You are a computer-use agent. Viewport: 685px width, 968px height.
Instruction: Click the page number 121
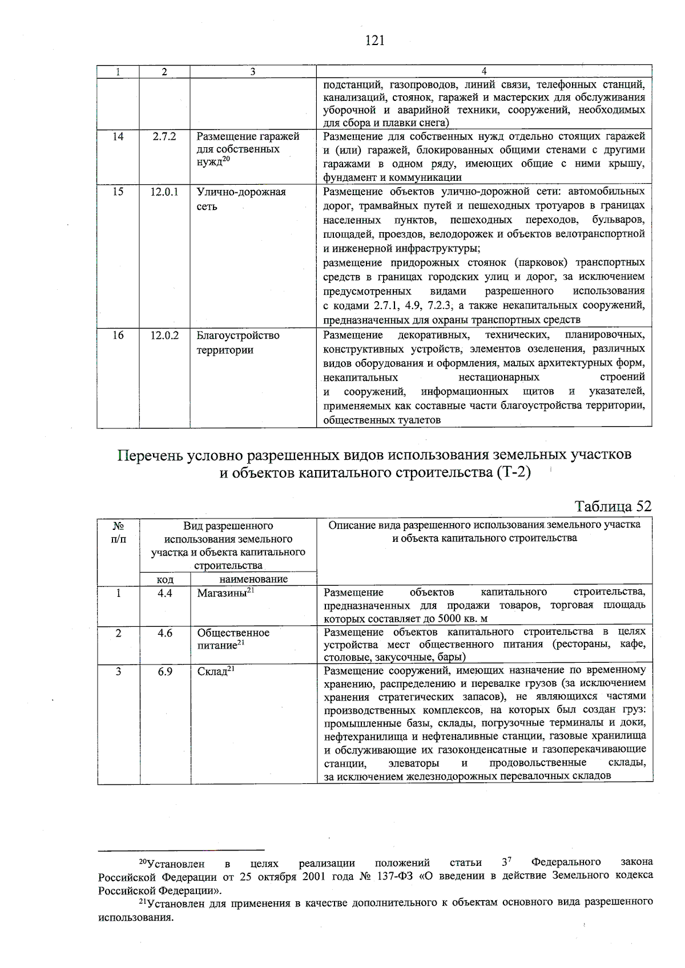(374, 40)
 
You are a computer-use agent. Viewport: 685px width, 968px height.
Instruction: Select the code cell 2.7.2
(164, 137)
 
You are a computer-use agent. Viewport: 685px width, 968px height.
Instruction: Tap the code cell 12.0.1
(164, 192)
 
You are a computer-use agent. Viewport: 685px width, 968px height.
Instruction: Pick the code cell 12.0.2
(164, 335)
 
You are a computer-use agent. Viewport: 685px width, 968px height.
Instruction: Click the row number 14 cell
(118, 137)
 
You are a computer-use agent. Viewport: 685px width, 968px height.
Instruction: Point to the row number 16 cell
(118, 335)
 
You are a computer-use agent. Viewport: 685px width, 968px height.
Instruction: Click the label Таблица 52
(613, 507)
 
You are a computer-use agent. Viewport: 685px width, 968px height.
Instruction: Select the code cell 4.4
(165, 593)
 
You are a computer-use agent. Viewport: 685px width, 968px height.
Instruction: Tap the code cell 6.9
(165, 671)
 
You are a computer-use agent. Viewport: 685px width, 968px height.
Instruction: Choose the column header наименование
(253, 579)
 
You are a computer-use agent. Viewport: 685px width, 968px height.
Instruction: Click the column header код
(165, 579)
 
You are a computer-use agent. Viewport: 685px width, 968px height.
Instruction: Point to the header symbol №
(118, 525)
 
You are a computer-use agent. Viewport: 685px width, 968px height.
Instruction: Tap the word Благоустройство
(238, 335)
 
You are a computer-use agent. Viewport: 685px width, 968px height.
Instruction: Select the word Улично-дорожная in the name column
(241, 192)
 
